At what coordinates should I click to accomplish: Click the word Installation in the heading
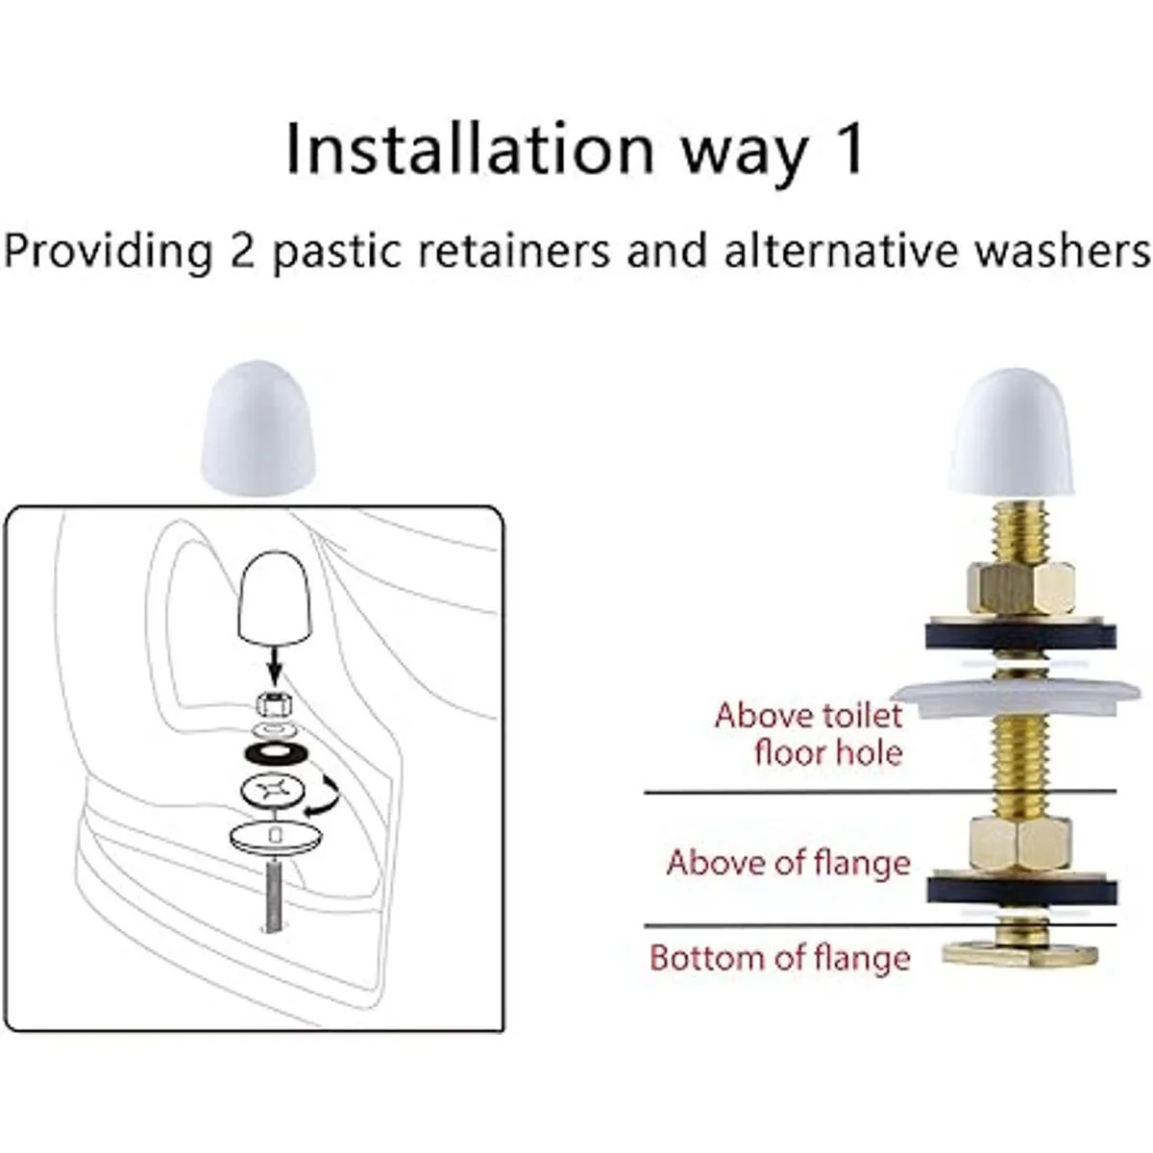[x=470, y=148]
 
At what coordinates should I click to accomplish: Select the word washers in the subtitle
[x=1063, y=251]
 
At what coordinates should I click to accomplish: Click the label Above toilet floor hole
[x=808, y=733]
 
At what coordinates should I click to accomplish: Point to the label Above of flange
[x=789, y=863]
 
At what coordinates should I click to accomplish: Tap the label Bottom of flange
[x=779, y=957]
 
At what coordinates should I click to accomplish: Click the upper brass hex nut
[x=1020, y=588]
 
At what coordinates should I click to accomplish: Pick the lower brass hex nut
[x=1017, y=845]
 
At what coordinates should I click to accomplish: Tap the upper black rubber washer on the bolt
[x=1020, y=637]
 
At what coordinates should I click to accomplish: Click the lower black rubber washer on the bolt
[x=1021, y=891]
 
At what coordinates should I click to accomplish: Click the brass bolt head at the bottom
[x=1020, y=954]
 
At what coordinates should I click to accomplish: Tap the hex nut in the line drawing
[x=275, y=706]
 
